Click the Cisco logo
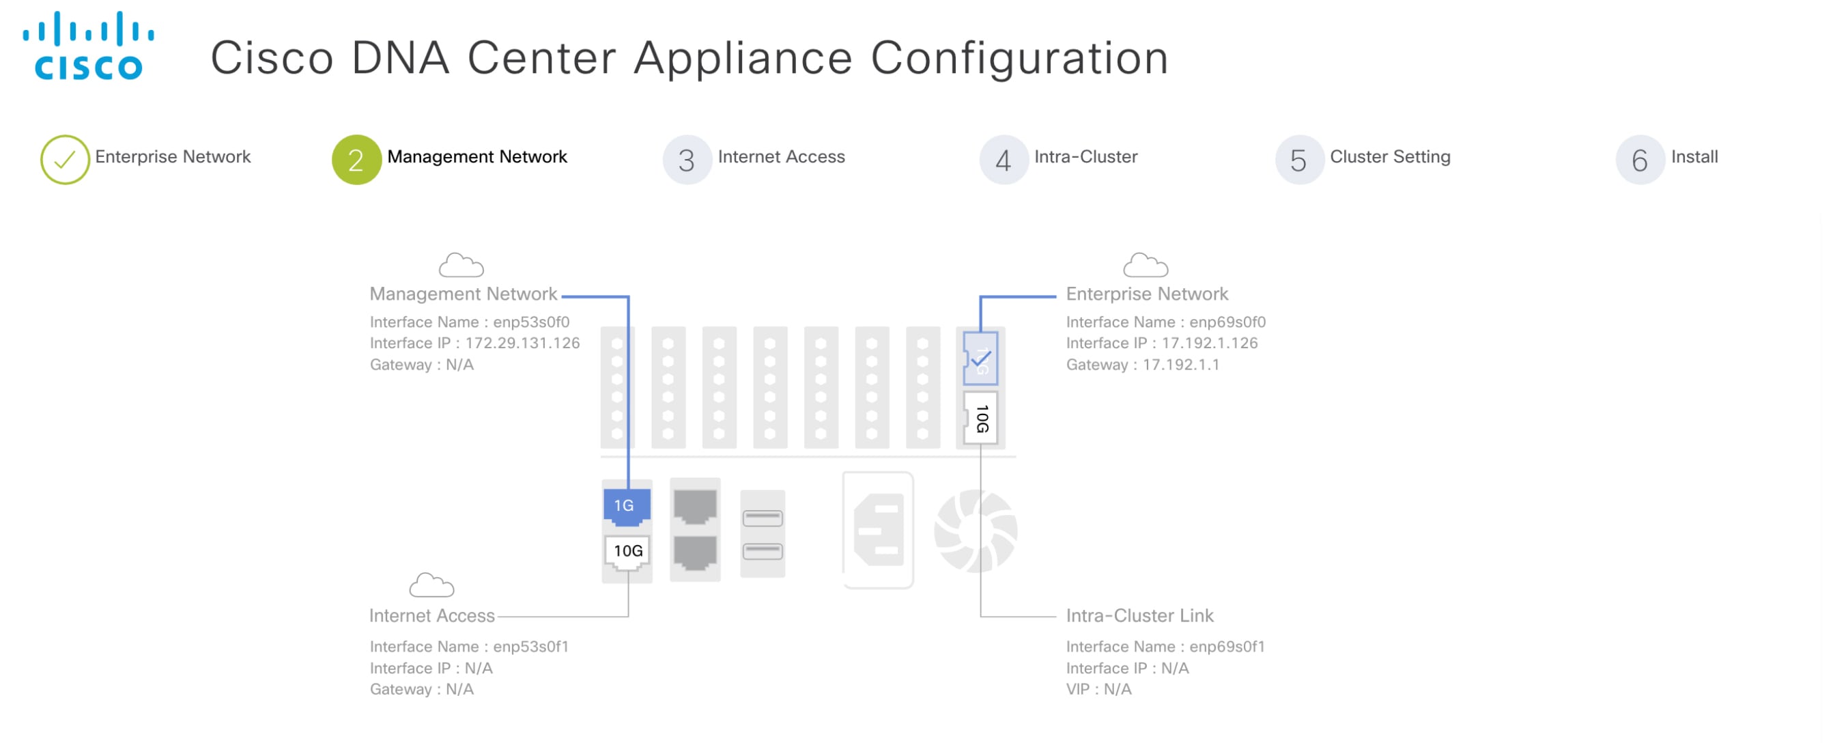click(x=88, y=46)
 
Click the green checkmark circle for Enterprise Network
click(x=65, y=160)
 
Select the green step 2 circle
click(x=356, y=160)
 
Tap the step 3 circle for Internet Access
click(x=687, y=160)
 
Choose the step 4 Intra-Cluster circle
click(x=1003, y=160)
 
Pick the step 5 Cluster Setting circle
click(x=1298, y=160)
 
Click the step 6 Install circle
click(x=1639, y=160)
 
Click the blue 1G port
click(x=626, y=506)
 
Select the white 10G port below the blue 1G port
click(x=627, y=551)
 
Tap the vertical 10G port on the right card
click(x=980, y=418)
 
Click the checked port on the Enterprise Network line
click(x=980, y=359)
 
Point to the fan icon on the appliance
click(x=976, y=531)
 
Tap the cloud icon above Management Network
click(x=461, y=265)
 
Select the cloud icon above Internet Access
click(x=431, y=585)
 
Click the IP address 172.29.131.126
click(x=522, y=344)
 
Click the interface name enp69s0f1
click(x=1227, y=647)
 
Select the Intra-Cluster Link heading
click(x=1139, y=615)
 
